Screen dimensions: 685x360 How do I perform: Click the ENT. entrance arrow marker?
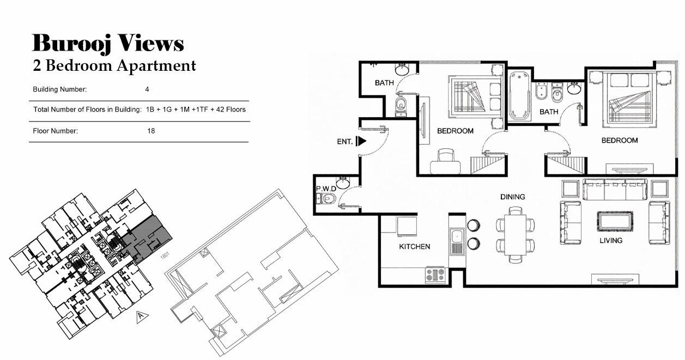click(361, 141)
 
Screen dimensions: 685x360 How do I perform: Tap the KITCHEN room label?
click(414, 246)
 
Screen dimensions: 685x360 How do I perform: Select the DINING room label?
click(513, 197)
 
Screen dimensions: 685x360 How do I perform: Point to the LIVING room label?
click(611, 241)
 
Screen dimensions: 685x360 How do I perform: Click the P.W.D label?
click(326, 188)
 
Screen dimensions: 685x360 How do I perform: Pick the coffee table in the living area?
click(615, 221)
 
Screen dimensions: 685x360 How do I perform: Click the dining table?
click(516, 234)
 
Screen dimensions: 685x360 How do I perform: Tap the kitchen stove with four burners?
click(435, 274)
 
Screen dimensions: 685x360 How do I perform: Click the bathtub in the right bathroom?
click(519, 96)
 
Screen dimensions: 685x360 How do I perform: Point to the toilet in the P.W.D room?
click(326, 199)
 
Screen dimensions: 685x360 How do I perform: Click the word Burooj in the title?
click(71, 44)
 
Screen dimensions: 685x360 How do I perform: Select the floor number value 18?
click(151, 131)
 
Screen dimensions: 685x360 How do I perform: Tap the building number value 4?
click(147, 89)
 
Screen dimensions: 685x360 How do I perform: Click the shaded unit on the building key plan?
click(146, 239)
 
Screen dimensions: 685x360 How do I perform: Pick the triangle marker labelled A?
click(141, 316)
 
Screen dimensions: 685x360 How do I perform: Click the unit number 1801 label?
click(165, 255)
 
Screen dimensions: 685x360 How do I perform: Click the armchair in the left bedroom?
click(445, 161)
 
